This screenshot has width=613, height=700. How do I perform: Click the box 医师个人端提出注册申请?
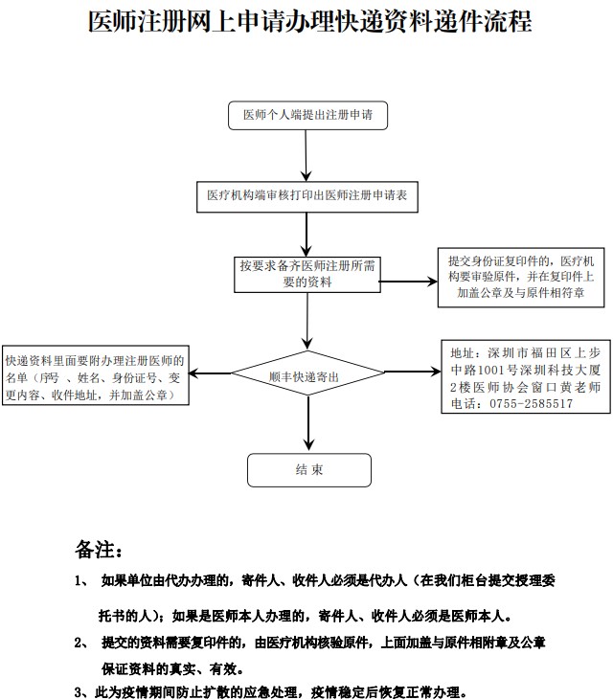[x=306, y=116]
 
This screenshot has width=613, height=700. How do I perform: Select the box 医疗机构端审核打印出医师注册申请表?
[x=307, y=194]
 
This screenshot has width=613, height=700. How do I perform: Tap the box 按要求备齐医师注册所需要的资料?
[x=307, y=273]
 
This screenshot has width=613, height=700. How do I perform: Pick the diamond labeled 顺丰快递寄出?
[x=306, y=377]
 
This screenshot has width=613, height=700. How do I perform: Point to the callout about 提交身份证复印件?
[x=521, y=279]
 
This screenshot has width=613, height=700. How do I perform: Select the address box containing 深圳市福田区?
[x=525, y=377]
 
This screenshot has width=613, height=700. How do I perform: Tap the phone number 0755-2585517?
[x=532, y=404]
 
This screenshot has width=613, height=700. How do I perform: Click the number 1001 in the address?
[x=498, y=369]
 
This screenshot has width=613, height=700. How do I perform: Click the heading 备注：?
[x=99, y=551]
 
